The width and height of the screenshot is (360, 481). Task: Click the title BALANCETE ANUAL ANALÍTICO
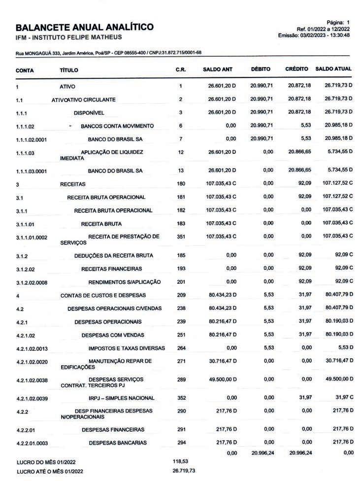(85, 27)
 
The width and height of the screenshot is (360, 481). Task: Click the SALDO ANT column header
(217, 69)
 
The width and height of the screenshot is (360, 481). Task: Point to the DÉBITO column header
(261, 69)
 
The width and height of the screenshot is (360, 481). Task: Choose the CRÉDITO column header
(296, 69)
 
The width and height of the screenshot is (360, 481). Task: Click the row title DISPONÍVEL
(89, 113)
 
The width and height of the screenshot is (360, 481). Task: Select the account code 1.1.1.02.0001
(31, 139)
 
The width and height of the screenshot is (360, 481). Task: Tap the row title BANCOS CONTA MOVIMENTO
(117, 126)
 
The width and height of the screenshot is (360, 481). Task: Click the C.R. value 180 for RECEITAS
(181, 184)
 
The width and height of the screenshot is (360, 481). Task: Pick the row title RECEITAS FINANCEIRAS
(112, 269)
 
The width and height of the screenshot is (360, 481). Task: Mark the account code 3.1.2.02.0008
(32, 282)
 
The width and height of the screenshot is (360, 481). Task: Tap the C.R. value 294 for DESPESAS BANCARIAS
(181, 443)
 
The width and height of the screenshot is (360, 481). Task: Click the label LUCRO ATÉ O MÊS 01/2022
(50, 472)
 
